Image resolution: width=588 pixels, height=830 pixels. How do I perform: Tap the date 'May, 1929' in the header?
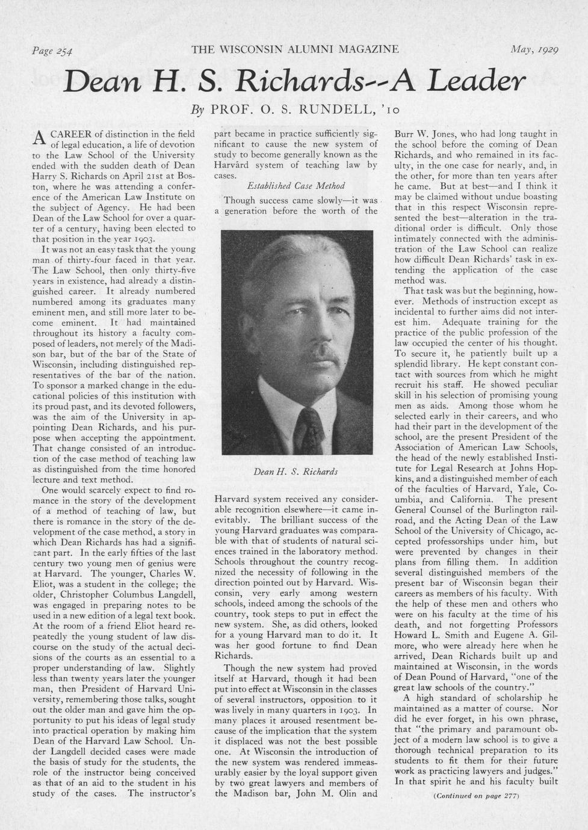534,49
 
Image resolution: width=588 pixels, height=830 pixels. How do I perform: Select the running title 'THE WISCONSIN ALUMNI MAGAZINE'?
295,49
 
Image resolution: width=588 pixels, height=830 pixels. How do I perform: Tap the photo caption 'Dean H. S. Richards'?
296,472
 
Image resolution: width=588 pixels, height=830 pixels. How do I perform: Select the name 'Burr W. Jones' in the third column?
424,134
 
